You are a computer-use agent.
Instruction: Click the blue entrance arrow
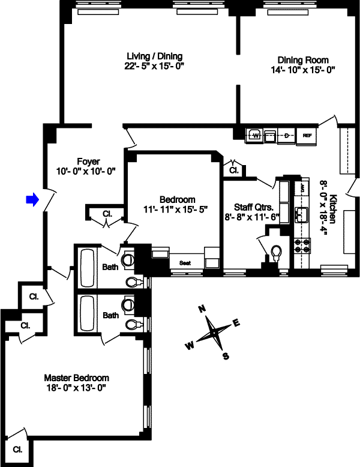pos(32,199)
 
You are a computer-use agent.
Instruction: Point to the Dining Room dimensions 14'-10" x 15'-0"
pos(302,70)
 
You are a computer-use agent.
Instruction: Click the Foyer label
pos(88,161)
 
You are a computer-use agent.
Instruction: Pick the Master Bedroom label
pos(77,378)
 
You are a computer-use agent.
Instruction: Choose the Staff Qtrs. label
pos(241,207)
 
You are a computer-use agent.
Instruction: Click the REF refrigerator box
pos(307,136)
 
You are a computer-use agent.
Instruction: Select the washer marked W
pos(254,136)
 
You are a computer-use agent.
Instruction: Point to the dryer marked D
pos(287,136)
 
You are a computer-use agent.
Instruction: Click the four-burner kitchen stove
pos(301,247)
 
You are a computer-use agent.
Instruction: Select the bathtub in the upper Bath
pos(85,265)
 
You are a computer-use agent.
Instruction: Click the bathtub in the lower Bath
pos(85,314)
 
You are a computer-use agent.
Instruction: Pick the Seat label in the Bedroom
pos(186,263)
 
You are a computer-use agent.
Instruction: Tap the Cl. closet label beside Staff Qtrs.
pos(233,170)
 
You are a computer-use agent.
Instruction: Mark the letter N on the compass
pos(202,309)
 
